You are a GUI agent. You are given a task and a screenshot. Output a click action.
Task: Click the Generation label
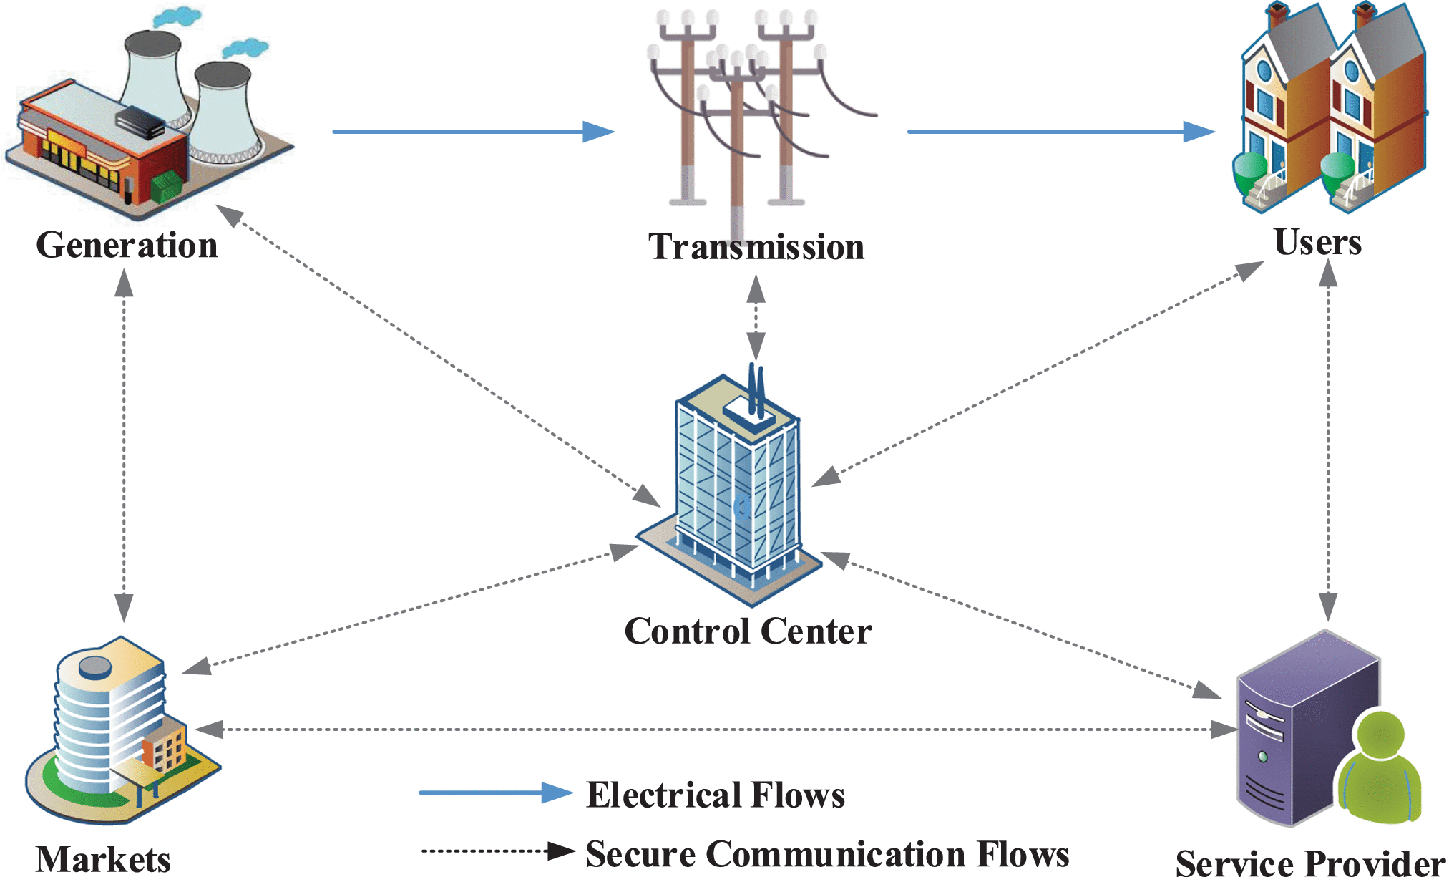click(x=127, y=246)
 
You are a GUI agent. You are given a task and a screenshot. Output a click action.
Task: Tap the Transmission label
click(x=756, y=247)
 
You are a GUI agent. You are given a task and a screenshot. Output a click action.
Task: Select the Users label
click(x=1317, y=242)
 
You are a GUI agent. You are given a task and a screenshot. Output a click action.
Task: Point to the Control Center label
click(x=748, y=631)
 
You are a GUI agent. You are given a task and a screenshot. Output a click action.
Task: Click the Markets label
click(x=103, y=858)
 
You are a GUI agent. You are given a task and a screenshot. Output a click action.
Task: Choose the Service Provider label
click(x=1310, y=862)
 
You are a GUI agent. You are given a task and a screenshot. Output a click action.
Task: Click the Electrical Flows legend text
click(x=716, y=795)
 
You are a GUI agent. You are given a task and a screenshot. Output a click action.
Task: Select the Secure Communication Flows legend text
click(x=827, y=853)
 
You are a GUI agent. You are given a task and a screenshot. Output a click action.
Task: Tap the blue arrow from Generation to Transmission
click(x=472, y=132)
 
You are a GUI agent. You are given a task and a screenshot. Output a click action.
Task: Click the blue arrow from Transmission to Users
click(x=1059, y=132)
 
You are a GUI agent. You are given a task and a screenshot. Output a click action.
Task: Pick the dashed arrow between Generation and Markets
click(x=124, y=444)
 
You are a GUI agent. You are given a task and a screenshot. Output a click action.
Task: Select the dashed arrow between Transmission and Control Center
click(x=756, y=319)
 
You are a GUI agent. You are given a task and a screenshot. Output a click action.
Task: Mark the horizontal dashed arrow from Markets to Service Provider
click(x=716, y=730)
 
